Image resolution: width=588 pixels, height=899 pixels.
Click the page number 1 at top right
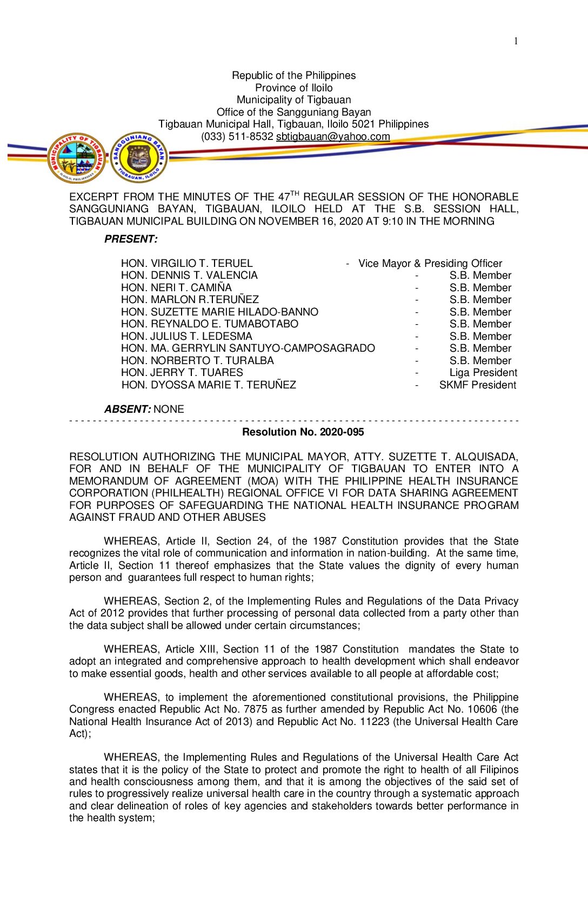[516, 41]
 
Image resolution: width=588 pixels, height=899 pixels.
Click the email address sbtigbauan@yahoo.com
[333, 137]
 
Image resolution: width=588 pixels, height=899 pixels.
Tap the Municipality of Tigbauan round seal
[76, 158]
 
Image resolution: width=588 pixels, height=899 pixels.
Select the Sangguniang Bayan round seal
[139, 157]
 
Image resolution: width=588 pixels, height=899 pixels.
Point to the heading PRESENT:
[131, 239]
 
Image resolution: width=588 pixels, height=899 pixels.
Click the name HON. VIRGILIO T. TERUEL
[186, 263]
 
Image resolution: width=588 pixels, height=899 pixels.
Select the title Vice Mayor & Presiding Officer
[430, 263]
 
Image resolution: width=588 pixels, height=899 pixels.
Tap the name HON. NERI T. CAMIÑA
[176, 287]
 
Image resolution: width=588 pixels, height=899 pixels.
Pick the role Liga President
[483, 372]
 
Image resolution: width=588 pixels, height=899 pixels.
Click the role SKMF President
[477, 385]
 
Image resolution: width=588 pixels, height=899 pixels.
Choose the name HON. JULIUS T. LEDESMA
[186, 336]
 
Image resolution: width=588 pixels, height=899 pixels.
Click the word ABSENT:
[128, 409]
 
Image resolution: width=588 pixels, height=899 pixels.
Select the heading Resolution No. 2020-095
[303, 432]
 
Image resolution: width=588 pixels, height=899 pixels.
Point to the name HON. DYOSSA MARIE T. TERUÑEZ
[209, 385]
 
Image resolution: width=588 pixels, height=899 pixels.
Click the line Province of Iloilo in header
[293, 88]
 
